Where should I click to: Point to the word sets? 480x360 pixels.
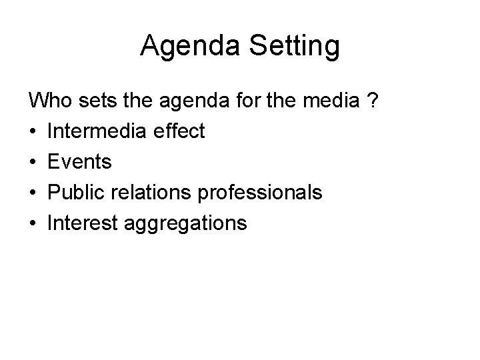(x=94, y=101)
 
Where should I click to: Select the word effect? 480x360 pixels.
(x=181, y=131)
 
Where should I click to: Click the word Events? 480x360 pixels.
(x=80, y=162)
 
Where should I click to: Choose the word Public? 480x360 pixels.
(x=75, y=193)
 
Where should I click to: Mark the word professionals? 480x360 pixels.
(x=264, y=193)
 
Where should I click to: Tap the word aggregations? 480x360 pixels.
(x=187, y=225)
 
